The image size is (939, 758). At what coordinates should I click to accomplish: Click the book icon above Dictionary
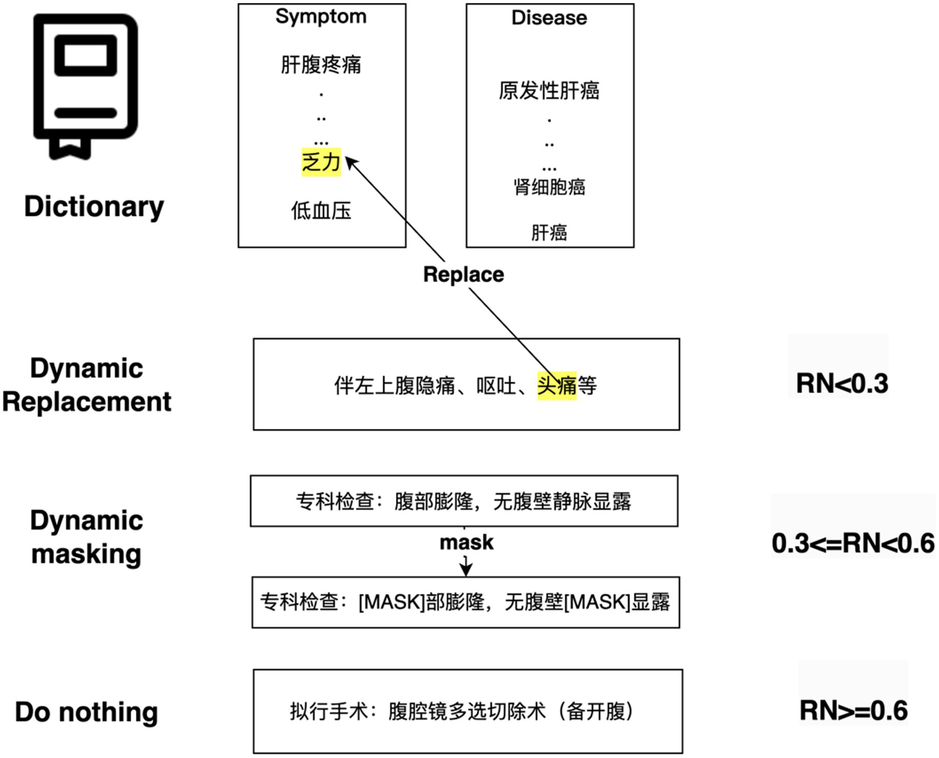[85, 85]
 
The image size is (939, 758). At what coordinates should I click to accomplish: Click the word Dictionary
[94, 207]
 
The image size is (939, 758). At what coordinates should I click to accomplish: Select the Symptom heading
[321, 16]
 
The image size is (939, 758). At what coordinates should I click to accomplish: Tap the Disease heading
[549, 18]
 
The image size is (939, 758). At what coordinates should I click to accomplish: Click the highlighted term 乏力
[321, 162]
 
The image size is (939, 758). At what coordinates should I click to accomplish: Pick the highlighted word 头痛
[557, 385]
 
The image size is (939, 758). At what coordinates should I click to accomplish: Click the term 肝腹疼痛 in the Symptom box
[321, 65]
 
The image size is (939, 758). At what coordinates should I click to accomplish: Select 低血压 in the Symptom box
[321, 211]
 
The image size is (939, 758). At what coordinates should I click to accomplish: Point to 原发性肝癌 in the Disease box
[549, 91]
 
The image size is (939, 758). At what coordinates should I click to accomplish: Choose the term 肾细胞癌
[549, 187]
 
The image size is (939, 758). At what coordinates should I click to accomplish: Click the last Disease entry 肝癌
[549, 233]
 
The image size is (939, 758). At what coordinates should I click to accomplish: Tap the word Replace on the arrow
[463, 275]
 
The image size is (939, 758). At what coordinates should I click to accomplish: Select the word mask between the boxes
[466, 543]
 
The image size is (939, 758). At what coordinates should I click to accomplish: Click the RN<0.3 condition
[842, 384]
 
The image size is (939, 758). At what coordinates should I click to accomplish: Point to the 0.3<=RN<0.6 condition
[853, 544]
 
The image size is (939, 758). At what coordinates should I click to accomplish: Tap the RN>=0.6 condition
[853, 711]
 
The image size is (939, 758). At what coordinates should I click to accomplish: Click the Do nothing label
[86, 712]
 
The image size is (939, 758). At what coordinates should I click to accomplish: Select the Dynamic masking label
[86, 537]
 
